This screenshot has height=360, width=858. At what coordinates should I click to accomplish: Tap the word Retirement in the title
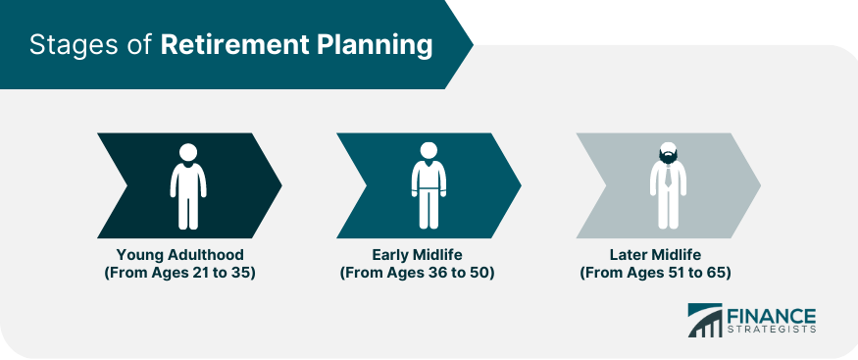[x=233, y=45]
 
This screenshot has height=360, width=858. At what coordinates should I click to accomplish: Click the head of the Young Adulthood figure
[x=188, y=152]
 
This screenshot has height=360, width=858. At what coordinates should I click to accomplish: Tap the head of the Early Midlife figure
[x=429, y=150]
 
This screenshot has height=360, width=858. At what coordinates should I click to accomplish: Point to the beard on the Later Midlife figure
[x=668, y=157]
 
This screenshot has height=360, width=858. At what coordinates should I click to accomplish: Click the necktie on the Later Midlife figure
[x=668, y=177]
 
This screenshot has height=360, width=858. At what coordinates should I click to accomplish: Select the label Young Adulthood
[x=180, y=255]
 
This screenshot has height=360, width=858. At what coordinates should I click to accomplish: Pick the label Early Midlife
[x=418, y=255]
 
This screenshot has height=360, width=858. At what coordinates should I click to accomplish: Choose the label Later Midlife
[x=656, y=255]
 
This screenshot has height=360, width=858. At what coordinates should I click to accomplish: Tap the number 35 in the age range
[x=241, y=273]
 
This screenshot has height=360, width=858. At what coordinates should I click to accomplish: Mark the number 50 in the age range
[x=479, y=273]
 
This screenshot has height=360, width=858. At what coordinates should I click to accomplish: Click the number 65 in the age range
[x=716, y=273]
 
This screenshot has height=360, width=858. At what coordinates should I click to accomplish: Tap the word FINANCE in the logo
[x=772, y=316]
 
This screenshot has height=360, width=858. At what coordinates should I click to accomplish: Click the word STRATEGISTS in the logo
[x=772, y=330]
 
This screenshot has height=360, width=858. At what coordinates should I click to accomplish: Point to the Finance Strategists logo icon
[x=705, y=320]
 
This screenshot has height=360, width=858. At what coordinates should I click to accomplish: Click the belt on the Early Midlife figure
[x=429, y=190]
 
